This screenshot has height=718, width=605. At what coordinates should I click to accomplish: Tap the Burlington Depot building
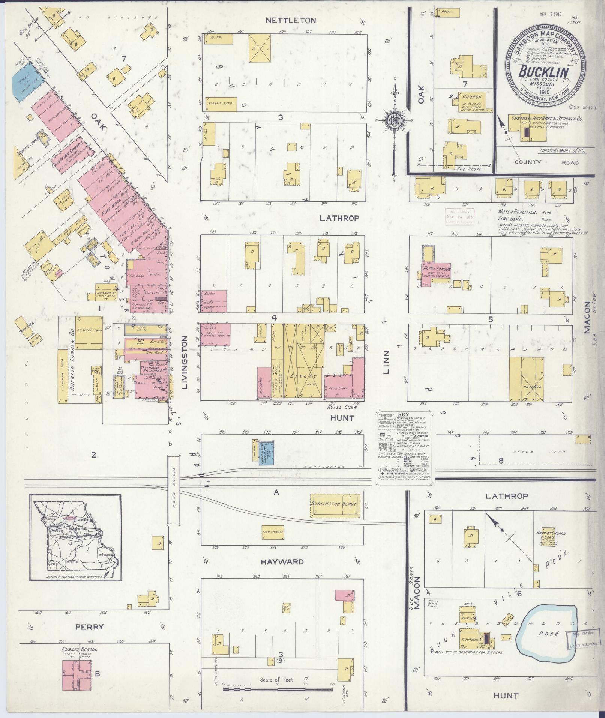[x=335, y=503]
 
